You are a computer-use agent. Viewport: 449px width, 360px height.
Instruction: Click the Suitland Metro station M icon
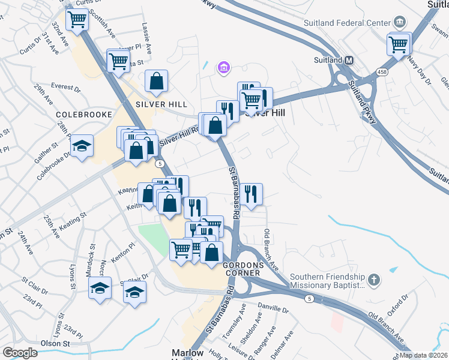pos(349,60)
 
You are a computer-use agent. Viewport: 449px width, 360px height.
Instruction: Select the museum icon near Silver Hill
pos(224,67)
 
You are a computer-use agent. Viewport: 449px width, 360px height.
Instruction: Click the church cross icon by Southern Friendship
pos(373,280)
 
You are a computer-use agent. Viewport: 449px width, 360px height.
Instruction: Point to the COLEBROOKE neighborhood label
pos(84,114)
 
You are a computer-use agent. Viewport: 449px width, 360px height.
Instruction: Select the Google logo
pos(20,352)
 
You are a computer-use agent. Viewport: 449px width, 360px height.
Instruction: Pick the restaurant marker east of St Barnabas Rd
pos(252,194)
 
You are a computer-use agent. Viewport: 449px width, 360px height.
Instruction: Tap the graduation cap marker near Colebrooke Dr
pos(82,146)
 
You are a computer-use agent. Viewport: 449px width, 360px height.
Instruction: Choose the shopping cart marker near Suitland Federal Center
pos(399,43)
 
